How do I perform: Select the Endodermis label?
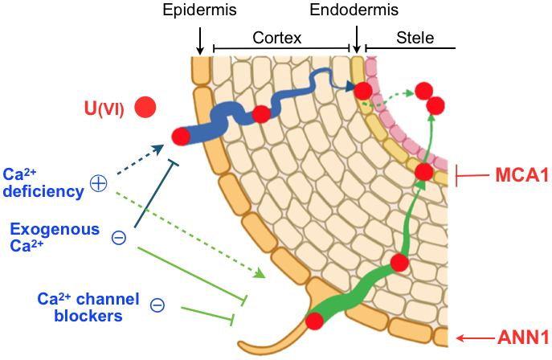pos(354,10)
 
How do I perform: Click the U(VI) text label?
pos(104,107)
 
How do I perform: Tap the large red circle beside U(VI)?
pos(145,106)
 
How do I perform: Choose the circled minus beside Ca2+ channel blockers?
pos(158,305)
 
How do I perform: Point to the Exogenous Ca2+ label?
pos(54,237)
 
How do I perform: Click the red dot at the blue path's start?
pos(181,136)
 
